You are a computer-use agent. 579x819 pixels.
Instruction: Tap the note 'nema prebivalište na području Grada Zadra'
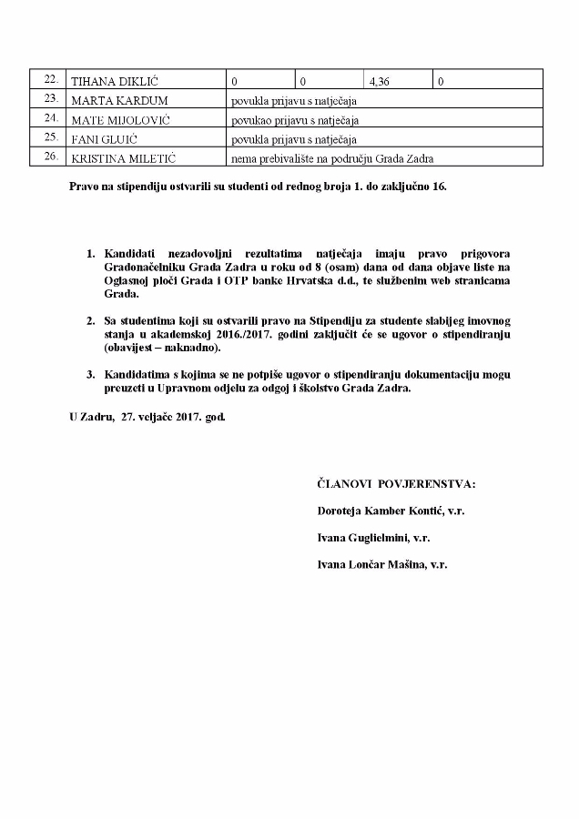332,159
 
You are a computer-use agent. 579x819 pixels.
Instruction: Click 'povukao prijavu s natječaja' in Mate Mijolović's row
296,120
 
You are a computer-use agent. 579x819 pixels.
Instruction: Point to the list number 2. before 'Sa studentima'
90,321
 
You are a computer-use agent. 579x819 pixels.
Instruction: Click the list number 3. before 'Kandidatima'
90,374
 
